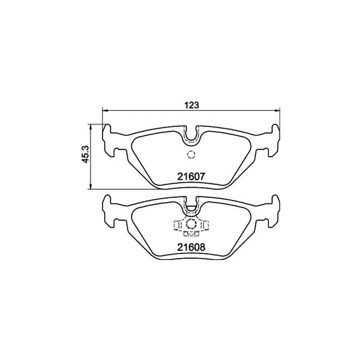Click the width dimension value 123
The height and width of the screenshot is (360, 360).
pyautogui.click(x=191, y=104)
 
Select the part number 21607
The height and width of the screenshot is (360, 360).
pyautogui.click(x=190, y=177)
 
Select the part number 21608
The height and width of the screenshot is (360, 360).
pyautogui.click(x=190, y=248)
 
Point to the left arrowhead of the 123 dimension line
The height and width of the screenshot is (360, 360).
pyautogui.click(x=104, y=112)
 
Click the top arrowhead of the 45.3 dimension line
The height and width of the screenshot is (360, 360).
pyautogui.click(x=90, y=126)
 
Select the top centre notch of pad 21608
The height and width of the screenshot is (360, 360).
pyautogui.click(x=191, y=202)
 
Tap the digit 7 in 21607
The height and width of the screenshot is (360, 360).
pyautogui.click(x=201, y=177)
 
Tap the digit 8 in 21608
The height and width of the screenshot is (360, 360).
pyautogui.click(x=201, y=248)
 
